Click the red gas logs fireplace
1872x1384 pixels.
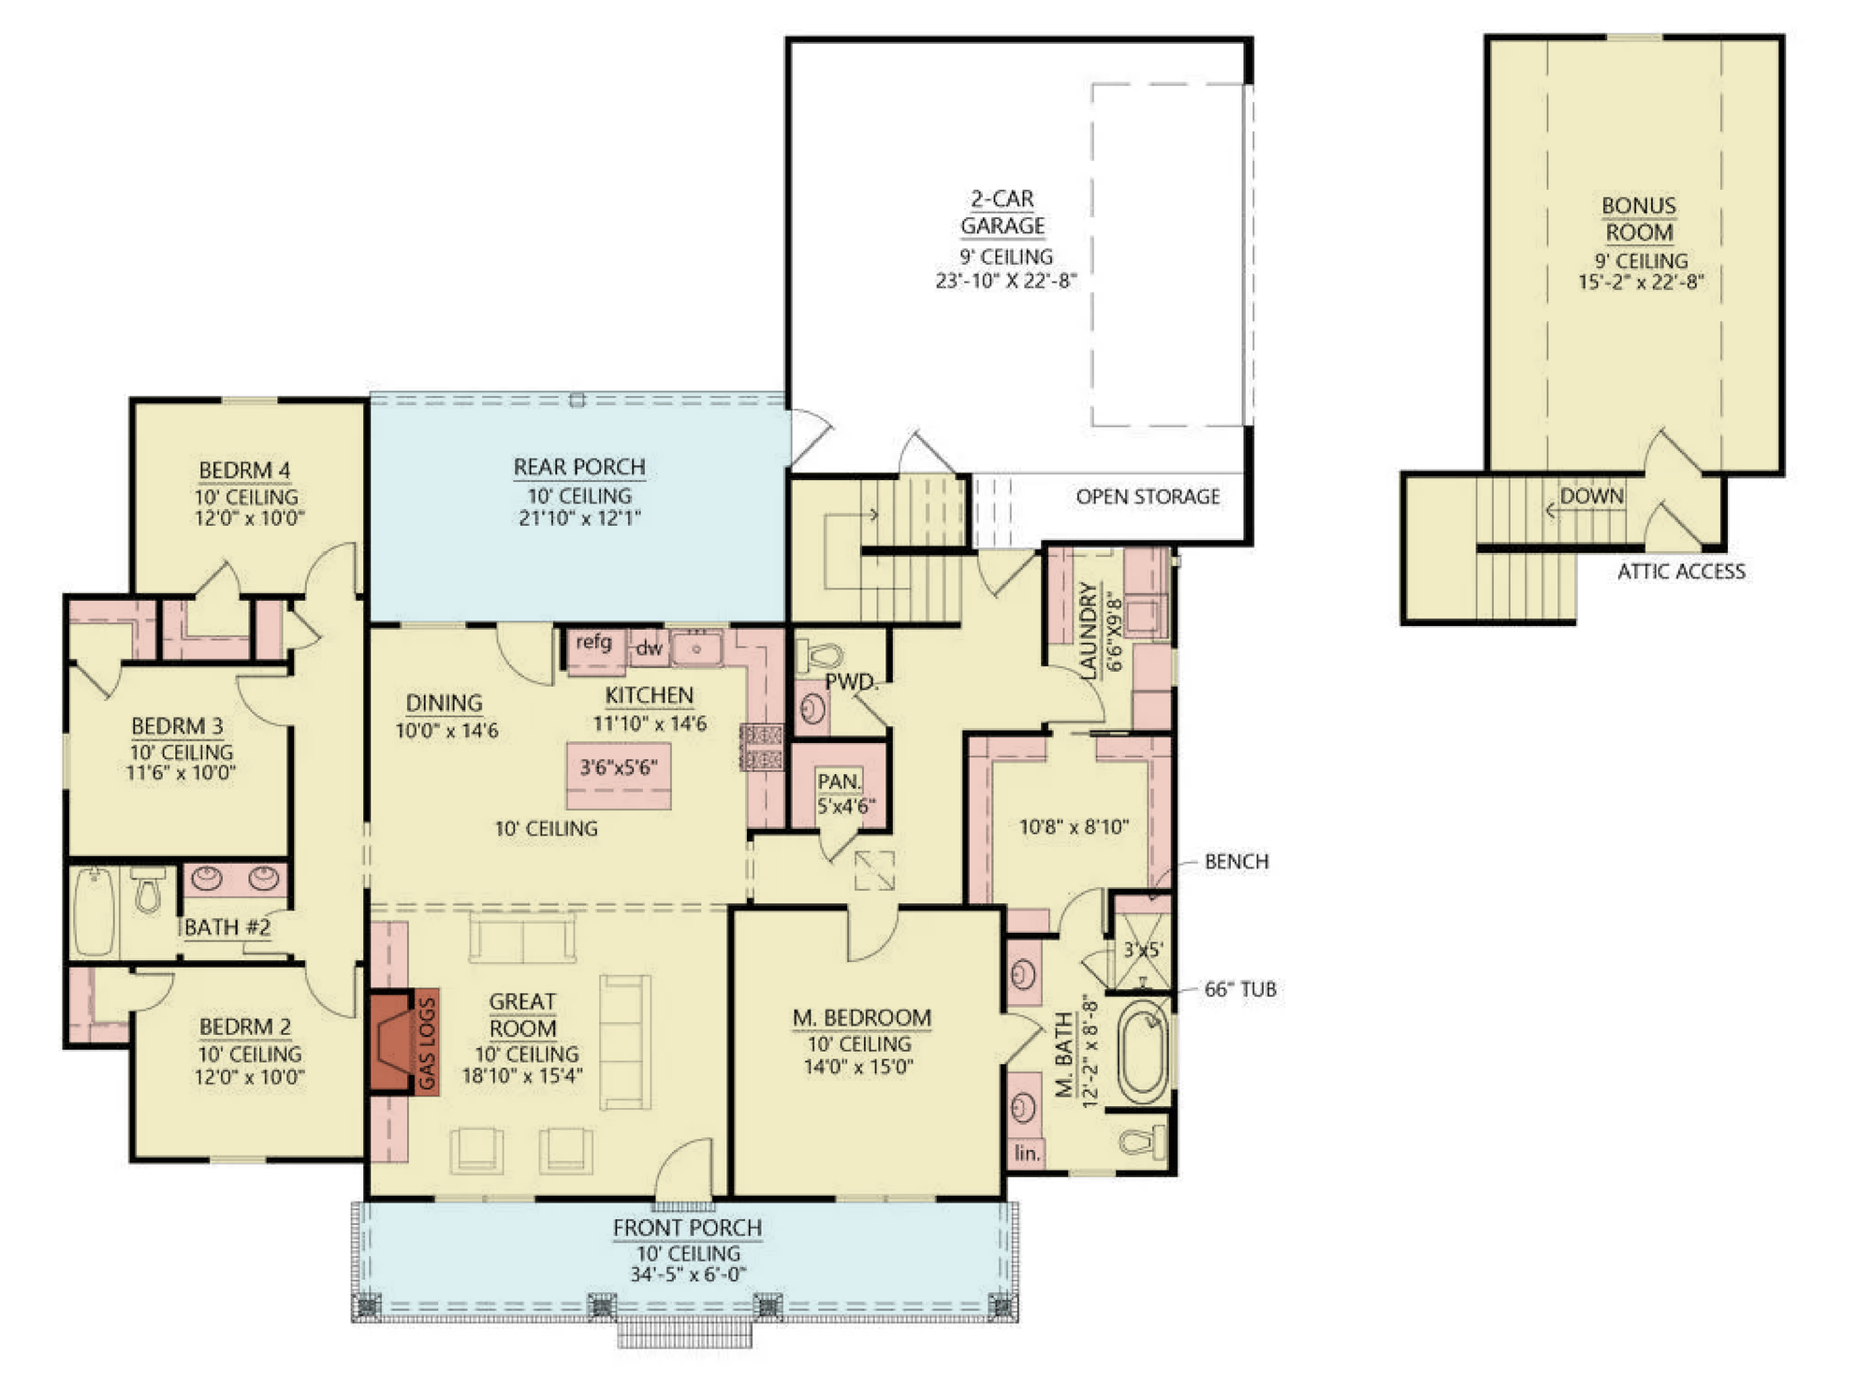(x=392, y=1042)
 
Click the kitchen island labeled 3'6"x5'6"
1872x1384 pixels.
(x=619, y=776)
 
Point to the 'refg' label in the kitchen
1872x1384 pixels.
(x=593, y=642)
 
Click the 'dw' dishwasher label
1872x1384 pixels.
(x=649, y=648)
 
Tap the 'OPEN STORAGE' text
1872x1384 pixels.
(x=1148, y=497)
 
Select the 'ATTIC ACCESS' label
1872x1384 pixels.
(x=1681, y=572)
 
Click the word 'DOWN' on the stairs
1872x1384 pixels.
(x=1591, y=496)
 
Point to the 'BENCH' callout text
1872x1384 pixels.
(x=1236, y=862)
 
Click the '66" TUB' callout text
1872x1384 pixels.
(x=1240, y=989)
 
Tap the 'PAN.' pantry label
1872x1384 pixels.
(x=839, y=781)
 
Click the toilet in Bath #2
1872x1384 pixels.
(x=148, y=890)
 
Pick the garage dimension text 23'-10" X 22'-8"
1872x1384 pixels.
(x=1005, y=280)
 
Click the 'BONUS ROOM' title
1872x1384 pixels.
(x=1639, y=219)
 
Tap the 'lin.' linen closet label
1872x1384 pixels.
(x=1027, y=1153)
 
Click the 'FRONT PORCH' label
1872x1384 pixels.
(x=687, y=1228)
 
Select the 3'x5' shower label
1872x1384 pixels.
(x=1143, y=950)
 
